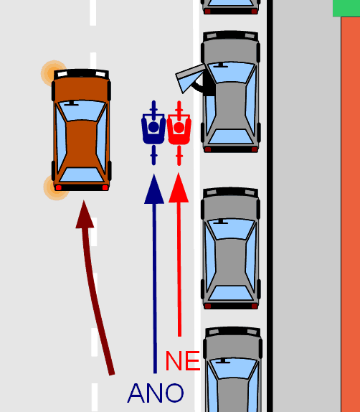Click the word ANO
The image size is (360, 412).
pyautogui.click(x=156, y=393)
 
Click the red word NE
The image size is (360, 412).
pyautogui.click(x=183, y=361)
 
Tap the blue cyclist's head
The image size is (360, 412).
pyautogui.click(x=153, y=127)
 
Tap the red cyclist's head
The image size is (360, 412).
pyautogui.click(x=179, y=127)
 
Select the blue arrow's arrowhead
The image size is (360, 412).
pyautogui.click(x=154, y=189)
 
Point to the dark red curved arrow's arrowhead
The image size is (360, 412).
pyautogui.click(x=85, y=215)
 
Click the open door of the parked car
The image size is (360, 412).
pyautogui.click(x=190, y=78)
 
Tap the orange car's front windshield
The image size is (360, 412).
pyautogui.click(x=82, y=111)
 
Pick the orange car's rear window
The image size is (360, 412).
pyautogui.click(x=82, y=174)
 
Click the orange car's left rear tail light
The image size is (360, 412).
pyautogui.click(x=58, y=187)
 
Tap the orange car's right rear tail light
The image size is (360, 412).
pyautogui.click(x=105, y=187)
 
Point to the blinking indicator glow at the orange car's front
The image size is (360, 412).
pyautogui.click(x=52, y=73)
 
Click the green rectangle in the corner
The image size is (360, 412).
pyautogui.click(x=346, y=8)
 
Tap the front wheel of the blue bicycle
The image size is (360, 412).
pyautogui.click(x=154, y=107)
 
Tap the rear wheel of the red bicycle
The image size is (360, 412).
pyautogui.click(x=179, y=156)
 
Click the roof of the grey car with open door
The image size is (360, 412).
pyautogui.click(x=230, y=104)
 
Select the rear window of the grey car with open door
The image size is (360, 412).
pyautogui.click(x=231, y=136)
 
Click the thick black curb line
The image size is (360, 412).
pyautogui.click(x=270, y=206)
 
